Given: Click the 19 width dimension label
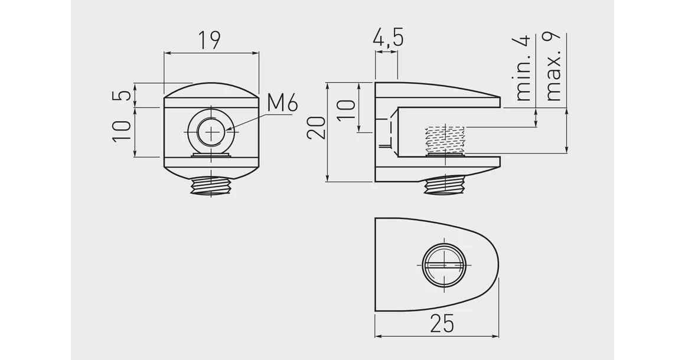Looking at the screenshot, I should [x=209, y=40].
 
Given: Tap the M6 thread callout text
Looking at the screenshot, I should [x=282, y=103].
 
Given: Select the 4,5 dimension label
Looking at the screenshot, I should [x=388, y=38].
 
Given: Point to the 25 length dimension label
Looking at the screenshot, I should [x=442, y=323].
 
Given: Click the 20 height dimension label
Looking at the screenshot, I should [x=317, y=127].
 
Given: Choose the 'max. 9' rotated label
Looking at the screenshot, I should [x=553, y=67].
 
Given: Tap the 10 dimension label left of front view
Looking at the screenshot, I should [x=122, y=131].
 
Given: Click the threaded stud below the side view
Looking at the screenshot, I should [x=446, y=186].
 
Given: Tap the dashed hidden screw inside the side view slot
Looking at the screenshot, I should [x=445, y=140].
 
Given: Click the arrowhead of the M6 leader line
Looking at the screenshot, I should [x=230, y=129].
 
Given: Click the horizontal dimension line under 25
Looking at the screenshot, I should [x=437, y=336].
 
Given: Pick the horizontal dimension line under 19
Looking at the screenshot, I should [x=211, y=53].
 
